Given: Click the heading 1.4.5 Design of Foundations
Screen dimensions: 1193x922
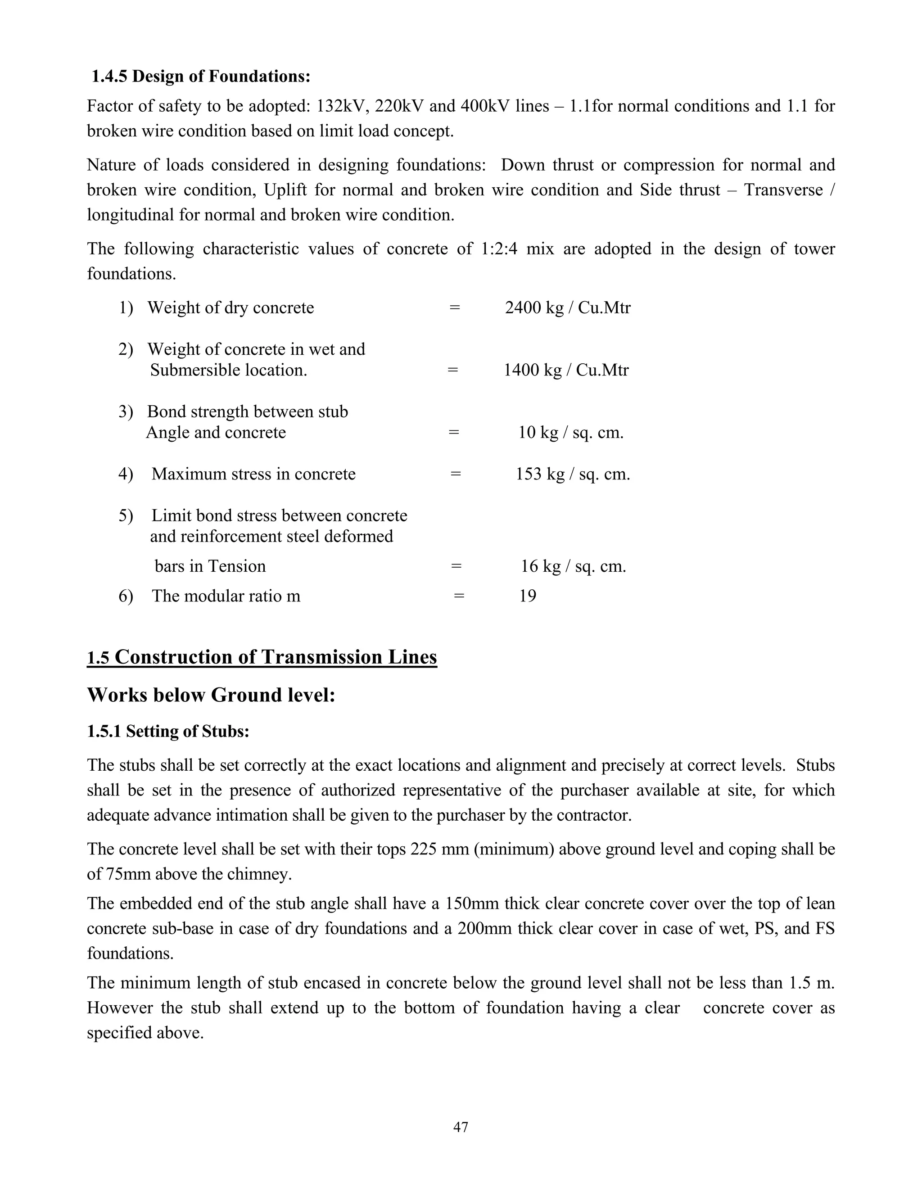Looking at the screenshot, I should [200, 77].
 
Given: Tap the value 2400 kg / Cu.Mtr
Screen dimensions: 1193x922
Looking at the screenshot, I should [568, 307].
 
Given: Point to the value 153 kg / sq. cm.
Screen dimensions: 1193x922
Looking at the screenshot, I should [573, 474].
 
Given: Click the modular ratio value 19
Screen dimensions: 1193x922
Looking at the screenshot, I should [528, 596].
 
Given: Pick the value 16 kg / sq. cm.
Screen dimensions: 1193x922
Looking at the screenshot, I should [573, 566].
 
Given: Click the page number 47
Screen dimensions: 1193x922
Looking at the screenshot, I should [461, 1127].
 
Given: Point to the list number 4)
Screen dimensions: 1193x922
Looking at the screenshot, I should [126, 474].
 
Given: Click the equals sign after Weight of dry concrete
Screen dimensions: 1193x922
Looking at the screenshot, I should [454, 307].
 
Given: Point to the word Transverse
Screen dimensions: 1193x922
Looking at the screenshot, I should [783, 190].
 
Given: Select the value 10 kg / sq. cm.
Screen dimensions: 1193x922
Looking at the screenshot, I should [571, 432].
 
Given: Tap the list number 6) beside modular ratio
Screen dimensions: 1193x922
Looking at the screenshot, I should [126, 596].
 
